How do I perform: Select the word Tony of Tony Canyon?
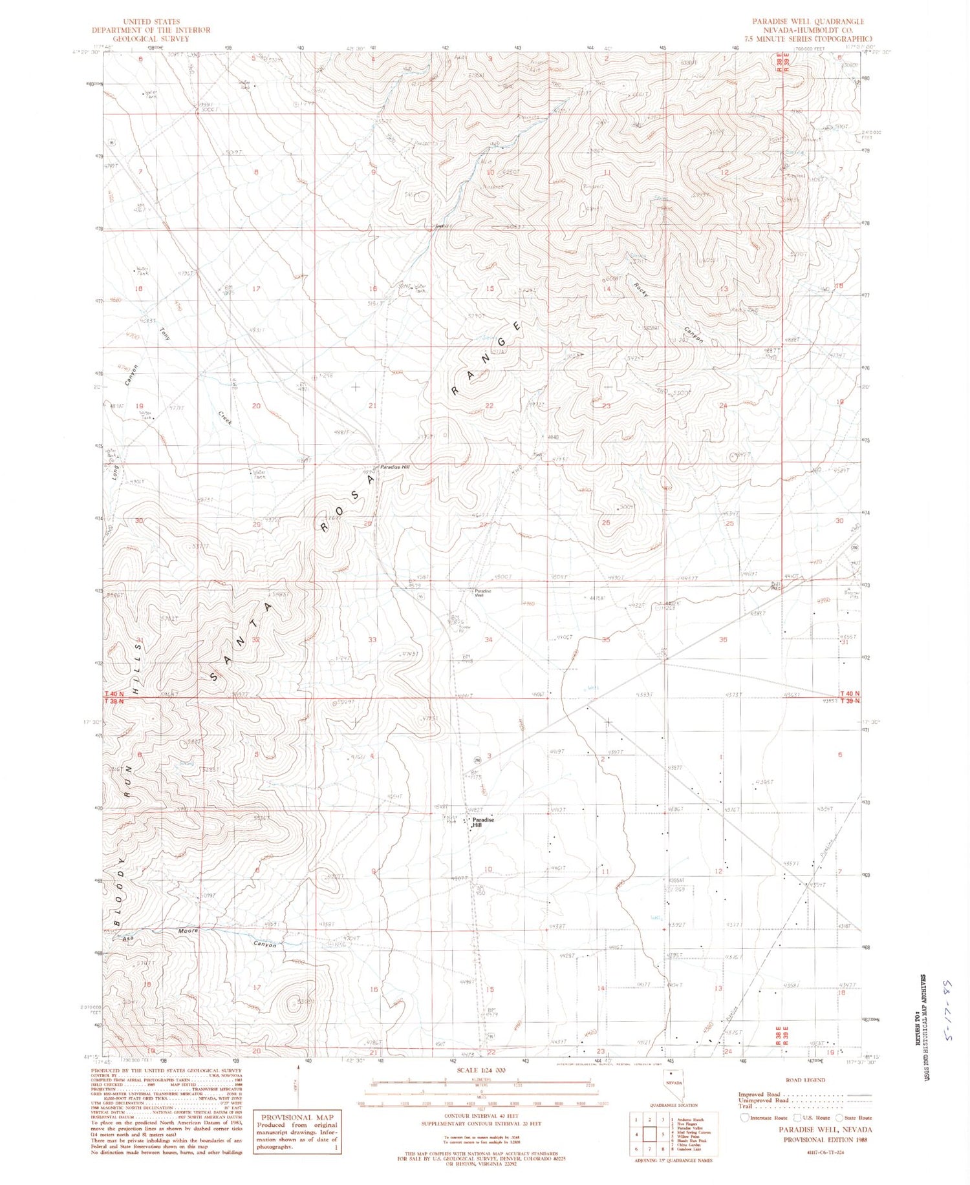pos(165,334)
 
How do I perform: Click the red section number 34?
pos(489,640)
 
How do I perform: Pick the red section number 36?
pos(722,640)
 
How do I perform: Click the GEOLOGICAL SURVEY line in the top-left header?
pos(151,39)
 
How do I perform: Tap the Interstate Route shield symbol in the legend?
pos(744,1117)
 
